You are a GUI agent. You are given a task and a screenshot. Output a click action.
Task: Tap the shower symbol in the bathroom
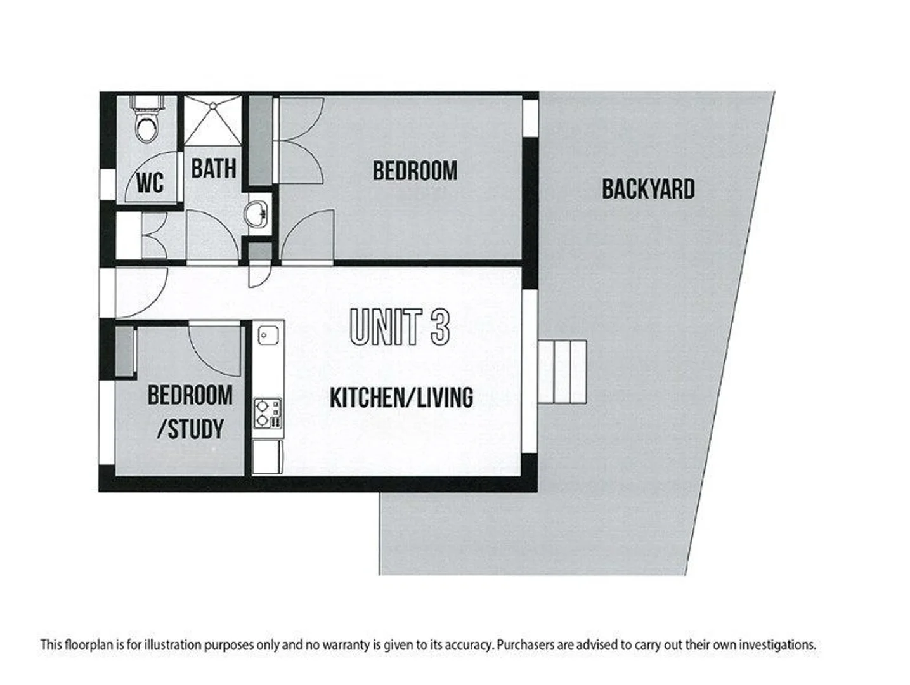213,121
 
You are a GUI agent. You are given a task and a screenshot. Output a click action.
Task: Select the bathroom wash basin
257,214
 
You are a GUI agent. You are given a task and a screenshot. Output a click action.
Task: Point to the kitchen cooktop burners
268,412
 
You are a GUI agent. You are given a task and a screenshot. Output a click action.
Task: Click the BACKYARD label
647,189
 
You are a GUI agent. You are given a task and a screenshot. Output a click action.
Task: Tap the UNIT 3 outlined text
400,327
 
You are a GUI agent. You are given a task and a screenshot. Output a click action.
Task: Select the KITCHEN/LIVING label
401,398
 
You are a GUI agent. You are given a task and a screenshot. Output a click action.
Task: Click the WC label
150,183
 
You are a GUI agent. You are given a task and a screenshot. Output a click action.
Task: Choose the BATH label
213,169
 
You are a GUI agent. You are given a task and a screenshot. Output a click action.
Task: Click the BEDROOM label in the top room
415,171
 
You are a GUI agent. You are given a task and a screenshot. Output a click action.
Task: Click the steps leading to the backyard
562,372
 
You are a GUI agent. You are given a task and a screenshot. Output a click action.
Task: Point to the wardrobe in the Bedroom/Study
125,353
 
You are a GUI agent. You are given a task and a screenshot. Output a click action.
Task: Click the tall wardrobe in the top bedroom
259,140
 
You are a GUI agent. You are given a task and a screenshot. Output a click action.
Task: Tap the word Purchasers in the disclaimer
526,645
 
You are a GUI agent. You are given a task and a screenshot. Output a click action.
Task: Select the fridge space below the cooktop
268,457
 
